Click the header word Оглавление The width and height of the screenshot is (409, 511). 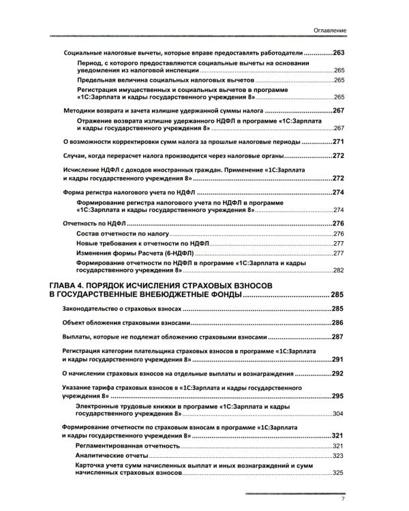click(x=331, y=31)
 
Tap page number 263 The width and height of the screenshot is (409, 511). click(x=339, y=54)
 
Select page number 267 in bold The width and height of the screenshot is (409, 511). click(x=339, y=111)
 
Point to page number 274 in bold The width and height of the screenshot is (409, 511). click(x=339, y=193)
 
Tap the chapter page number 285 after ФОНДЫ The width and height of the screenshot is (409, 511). click(x=339, y=295)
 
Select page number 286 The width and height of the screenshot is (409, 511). click(x=339, y=322)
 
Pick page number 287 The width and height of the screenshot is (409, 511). click(x=339, y=337)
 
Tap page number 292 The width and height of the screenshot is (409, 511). click(x=339, y=374)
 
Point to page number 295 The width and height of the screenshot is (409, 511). click(x=339, y=396)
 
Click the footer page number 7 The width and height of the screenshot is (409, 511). click(x=344, y=499)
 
